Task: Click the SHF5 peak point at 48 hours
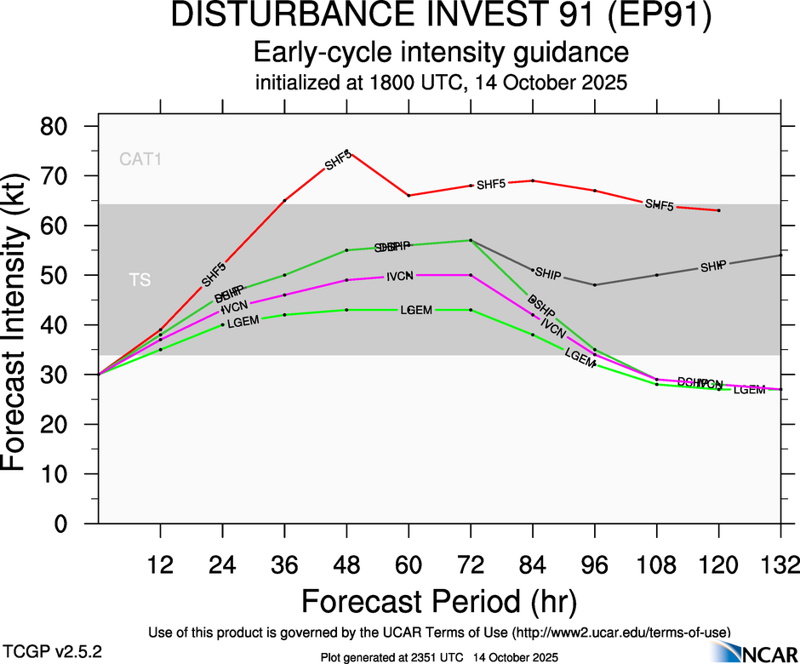(x=346, y=151)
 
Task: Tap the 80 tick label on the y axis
(x=66, y=126)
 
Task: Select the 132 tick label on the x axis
(x=780, y=564)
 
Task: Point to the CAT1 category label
(x=140, y=158)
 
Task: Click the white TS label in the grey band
(x=140, y=279)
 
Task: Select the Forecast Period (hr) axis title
(x=439, y=601)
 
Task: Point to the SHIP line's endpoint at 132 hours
(x=781, y=255)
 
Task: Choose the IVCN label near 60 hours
(x=400, y=277)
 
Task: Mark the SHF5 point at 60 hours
(x=409, y=196)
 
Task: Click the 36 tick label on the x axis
(x=284, y=564)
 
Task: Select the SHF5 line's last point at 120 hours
(x=719, y=210)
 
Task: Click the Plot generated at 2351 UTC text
(x=438, y=657)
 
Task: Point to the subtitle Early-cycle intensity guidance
(x=442, y=54)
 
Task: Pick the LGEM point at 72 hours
(x=471, y=310)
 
